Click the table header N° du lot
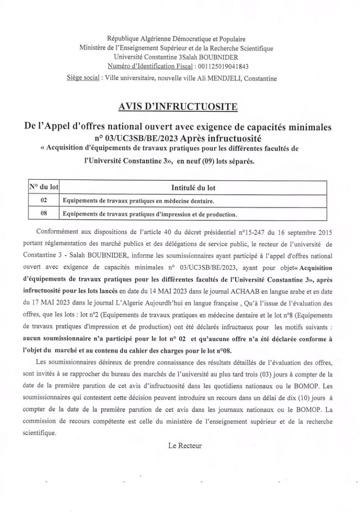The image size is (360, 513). pos(43,187)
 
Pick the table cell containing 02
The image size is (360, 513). pos(43,201)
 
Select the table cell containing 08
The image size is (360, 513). pos(43,214)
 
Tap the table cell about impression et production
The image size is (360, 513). pos(150,214)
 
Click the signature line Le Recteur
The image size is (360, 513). pos(185,445)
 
